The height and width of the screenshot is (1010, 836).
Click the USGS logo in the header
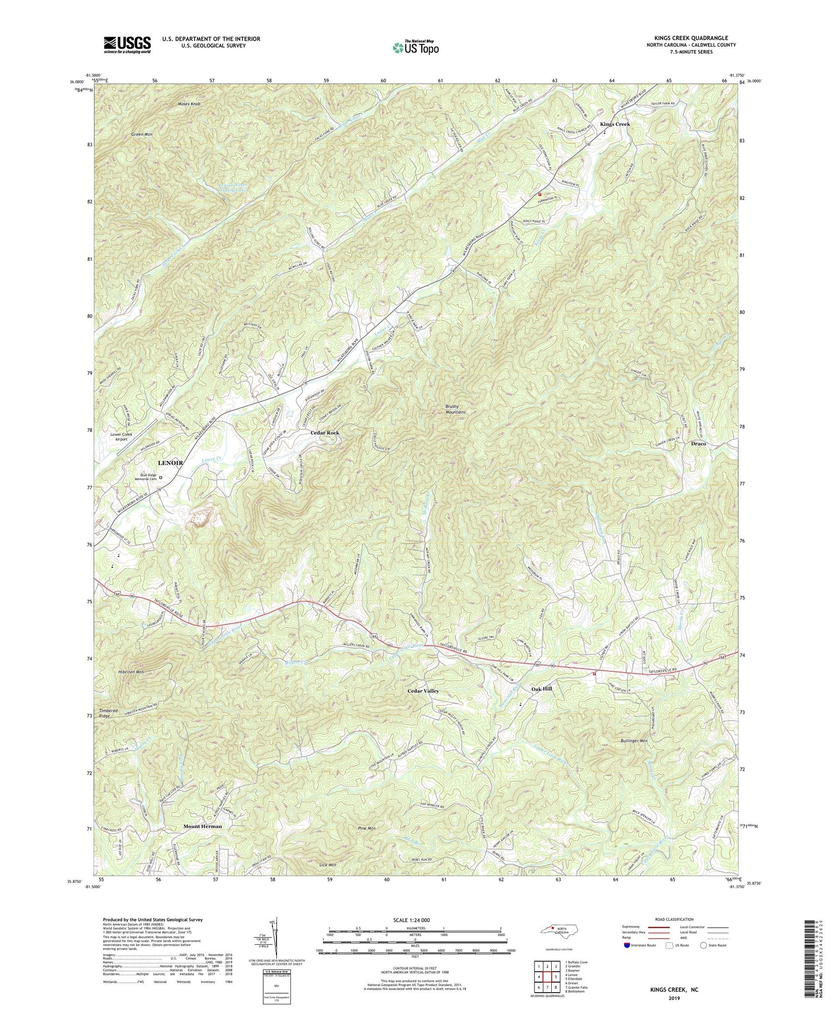(x=127, y=45)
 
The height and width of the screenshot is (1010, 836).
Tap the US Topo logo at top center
(x=415, y=47)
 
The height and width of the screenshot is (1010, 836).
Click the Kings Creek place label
(x=615, y=124)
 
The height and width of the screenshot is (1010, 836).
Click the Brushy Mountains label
(x=455, y=408)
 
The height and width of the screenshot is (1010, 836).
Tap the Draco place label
(x=698, y=443)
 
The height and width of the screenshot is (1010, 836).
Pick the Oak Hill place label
(x=541, y=689)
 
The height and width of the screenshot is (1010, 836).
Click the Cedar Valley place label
(x=423, y=691)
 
